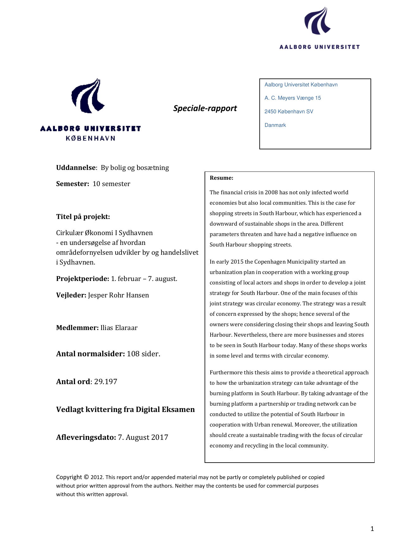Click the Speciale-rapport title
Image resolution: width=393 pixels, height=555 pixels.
click(205, 108)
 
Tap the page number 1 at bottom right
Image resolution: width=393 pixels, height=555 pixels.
click(372, 528)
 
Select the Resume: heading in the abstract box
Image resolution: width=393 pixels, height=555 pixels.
click(221, 178)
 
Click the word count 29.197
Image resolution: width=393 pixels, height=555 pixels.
click(105, 382)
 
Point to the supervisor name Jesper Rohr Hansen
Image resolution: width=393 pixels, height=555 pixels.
click(118, 295)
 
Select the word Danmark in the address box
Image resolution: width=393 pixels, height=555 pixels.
click(275, 125)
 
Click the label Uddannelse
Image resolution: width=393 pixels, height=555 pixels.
click(76, 168)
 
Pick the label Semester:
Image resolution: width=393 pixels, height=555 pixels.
click(73, 184)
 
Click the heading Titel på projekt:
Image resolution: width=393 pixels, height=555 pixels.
click(83, 217)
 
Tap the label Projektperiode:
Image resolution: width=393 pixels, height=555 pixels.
click(82, 279)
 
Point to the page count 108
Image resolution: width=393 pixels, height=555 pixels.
click(133, 354)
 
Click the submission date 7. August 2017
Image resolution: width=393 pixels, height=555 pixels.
click(143, 437)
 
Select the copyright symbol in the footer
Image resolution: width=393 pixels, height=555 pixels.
click(86, 477)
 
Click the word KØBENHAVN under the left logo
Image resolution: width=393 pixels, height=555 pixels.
click(91, 138)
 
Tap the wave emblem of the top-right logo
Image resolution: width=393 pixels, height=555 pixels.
click(317, 21)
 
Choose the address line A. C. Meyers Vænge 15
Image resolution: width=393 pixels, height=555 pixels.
click(293, 98)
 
